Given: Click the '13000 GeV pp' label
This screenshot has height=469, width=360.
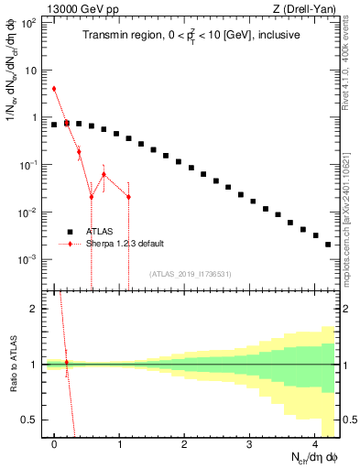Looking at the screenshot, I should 78,9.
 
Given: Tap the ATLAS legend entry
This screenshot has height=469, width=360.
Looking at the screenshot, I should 101,231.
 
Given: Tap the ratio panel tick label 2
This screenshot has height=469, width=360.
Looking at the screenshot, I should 35,309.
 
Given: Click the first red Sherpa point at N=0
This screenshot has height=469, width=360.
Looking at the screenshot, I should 54,89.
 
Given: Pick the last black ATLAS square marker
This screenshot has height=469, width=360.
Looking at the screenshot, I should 327,245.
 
